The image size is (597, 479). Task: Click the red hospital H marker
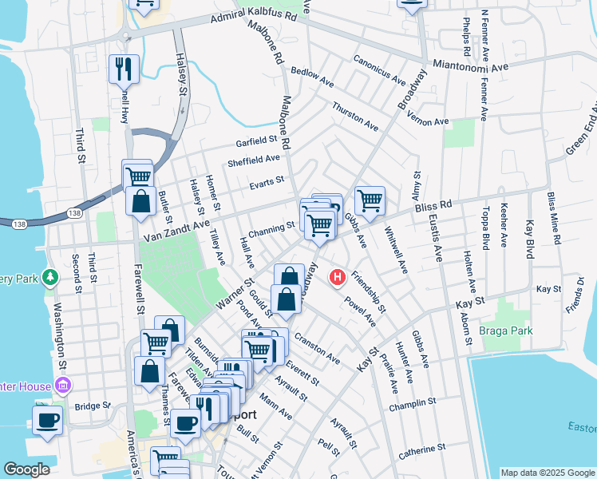point(338,277)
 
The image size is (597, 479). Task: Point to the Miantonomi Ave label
point(469,65)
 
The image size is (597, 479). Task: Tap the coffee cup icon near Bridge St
point(47,419)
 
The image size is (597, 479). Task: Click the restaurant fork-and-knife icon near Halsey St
point(124,69)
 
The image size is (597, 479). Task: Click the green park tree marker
point(51,277)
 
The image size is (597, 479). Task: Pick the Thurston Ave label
point(355,116)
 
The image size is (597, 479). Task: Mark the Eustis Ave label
point(437,239)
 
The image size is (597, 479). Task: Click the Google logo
point(27,469)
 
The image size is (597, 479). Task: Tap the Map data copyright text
point(547,473)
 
